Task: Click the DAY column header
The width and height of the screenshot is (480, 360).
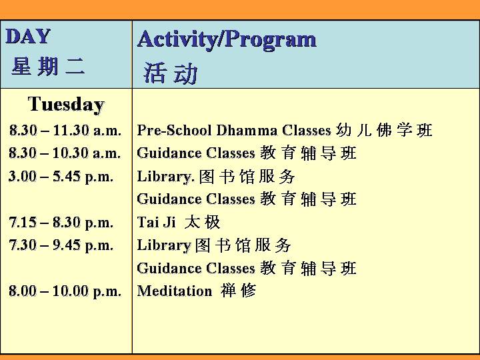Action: [28, 37]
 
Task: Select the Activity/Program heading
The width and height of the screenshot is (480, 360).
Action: [227, 39]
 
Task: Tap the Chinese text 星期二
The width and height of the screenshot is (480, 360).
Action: [48, 66]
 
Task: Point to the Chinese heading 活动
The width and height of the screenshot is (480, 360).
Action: [171, 73]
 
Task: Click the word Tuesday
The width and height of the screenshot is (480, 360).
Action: [66, 105]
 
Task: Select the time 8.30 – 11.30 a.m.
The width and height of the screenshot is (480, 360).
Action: [65, 130]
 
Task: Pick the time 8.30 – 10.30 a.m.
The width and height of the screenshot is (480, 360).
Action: [65, 153]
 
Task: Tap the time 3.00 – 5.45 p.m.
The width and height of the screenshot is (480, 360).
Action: [61, 176]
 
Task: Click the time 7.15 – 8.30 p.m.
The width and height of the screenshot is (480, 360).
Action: [61, 222]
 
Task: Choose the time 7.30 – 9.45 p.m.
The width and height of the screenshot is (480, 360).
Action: [61, 245]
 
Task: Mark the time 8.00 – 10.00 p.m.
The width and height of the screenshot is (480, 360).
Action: [65, 291]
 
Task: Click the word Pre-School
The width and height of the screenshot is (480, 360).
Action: [174, 130]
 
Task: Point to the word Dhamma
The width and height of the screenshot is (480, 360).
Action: [247, 130]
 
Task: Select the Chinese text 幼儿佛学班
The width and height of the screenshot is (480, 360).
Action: [384, 130]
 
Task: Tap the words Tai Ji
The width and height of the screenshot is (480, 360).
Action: [157, 222]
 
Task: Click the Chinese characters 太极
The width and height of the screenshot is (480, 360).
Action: [203, 221]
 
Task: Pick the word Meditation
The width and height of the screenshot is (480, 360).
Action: [175, 291]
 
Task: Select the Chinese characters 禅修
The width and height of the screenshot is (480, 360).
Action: [238, 290]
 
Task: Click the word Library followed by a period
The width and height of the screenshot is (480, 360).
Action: [165, 177]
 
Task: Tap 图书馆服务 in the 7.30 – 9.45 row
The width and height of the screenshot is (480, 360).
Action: [243, 245]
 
